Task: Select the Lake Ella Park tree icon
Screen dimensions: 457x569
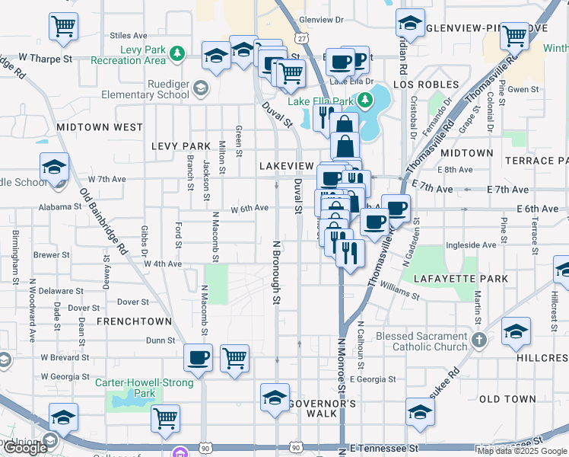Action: pyautogui.click(x=365, y=100)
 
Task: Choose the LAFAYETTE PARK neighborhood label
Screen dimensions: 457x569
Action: pyautogui.click(x=461, y=279)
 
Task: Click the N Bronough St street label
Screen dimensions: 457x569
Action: pyautogui.click(x=277, y=273)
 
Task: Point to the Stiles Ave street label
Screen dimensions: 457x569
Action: pyautogui.click(x=129, y=35)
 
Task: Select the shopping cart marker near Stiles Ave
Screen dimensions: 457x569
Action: pyautogui.click(x=63, y=26)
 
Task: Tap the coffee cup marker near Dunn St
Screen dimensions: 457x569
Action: pyautogui.click(x=199, y=356)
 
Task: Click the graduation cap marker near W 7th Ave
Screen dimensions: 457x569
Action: pyautogui.click(x=54, y=167)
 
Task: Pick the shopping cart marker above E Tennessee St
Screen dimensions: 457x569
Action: pyautogui.click(x=165, y=417)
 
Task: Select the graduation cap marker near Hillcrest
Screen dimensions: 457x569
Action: pyautogui.click(x=516, y=331)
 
